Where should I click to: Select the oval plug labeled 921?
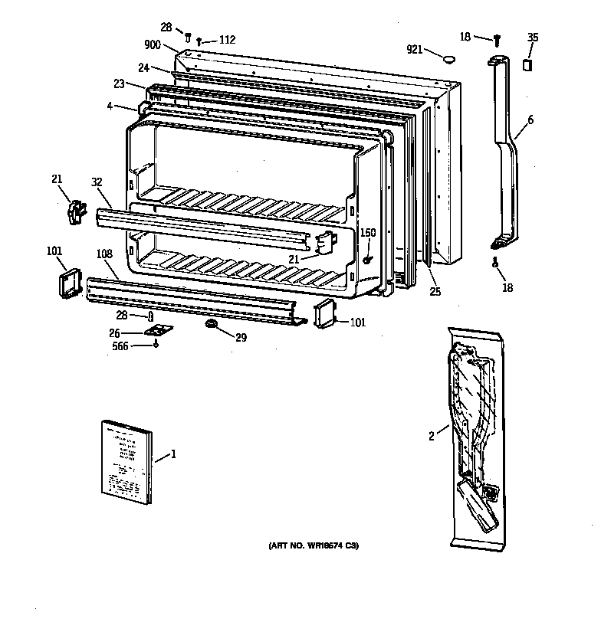(449, 56)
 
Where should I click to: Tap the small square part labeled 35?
(527, 65)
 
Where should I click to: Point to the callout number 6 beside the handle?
(530, 119)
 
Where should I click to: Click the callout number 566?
(121, 345)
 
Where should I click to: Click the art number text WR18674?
(323, 546)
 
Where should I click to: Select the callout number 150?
(368, 232)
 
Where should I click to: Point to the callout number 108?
(105, 253)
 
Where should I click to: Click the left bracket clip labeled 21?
(74, 212)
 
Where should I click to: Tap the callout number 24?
(143, 67)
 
